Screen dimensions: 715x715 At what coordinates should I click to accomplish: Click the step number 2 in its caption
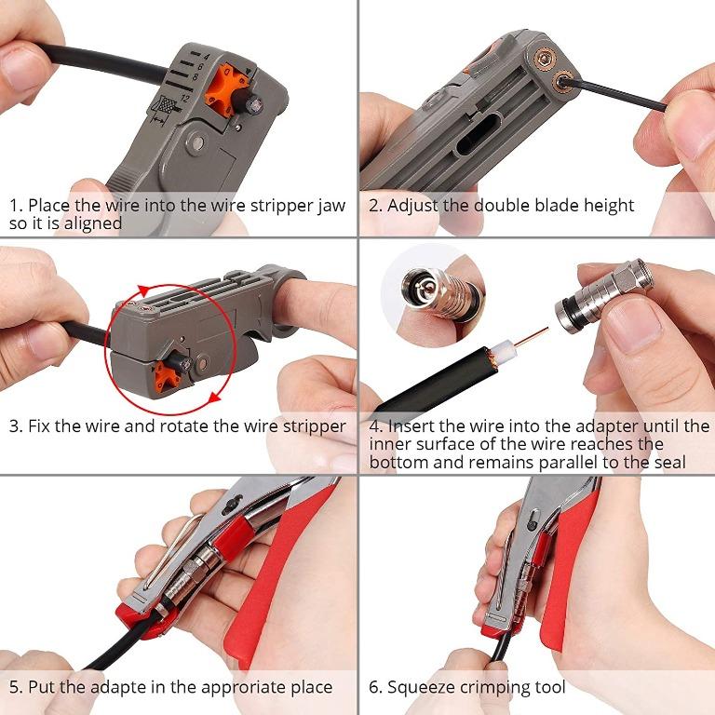click(373, 206)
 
